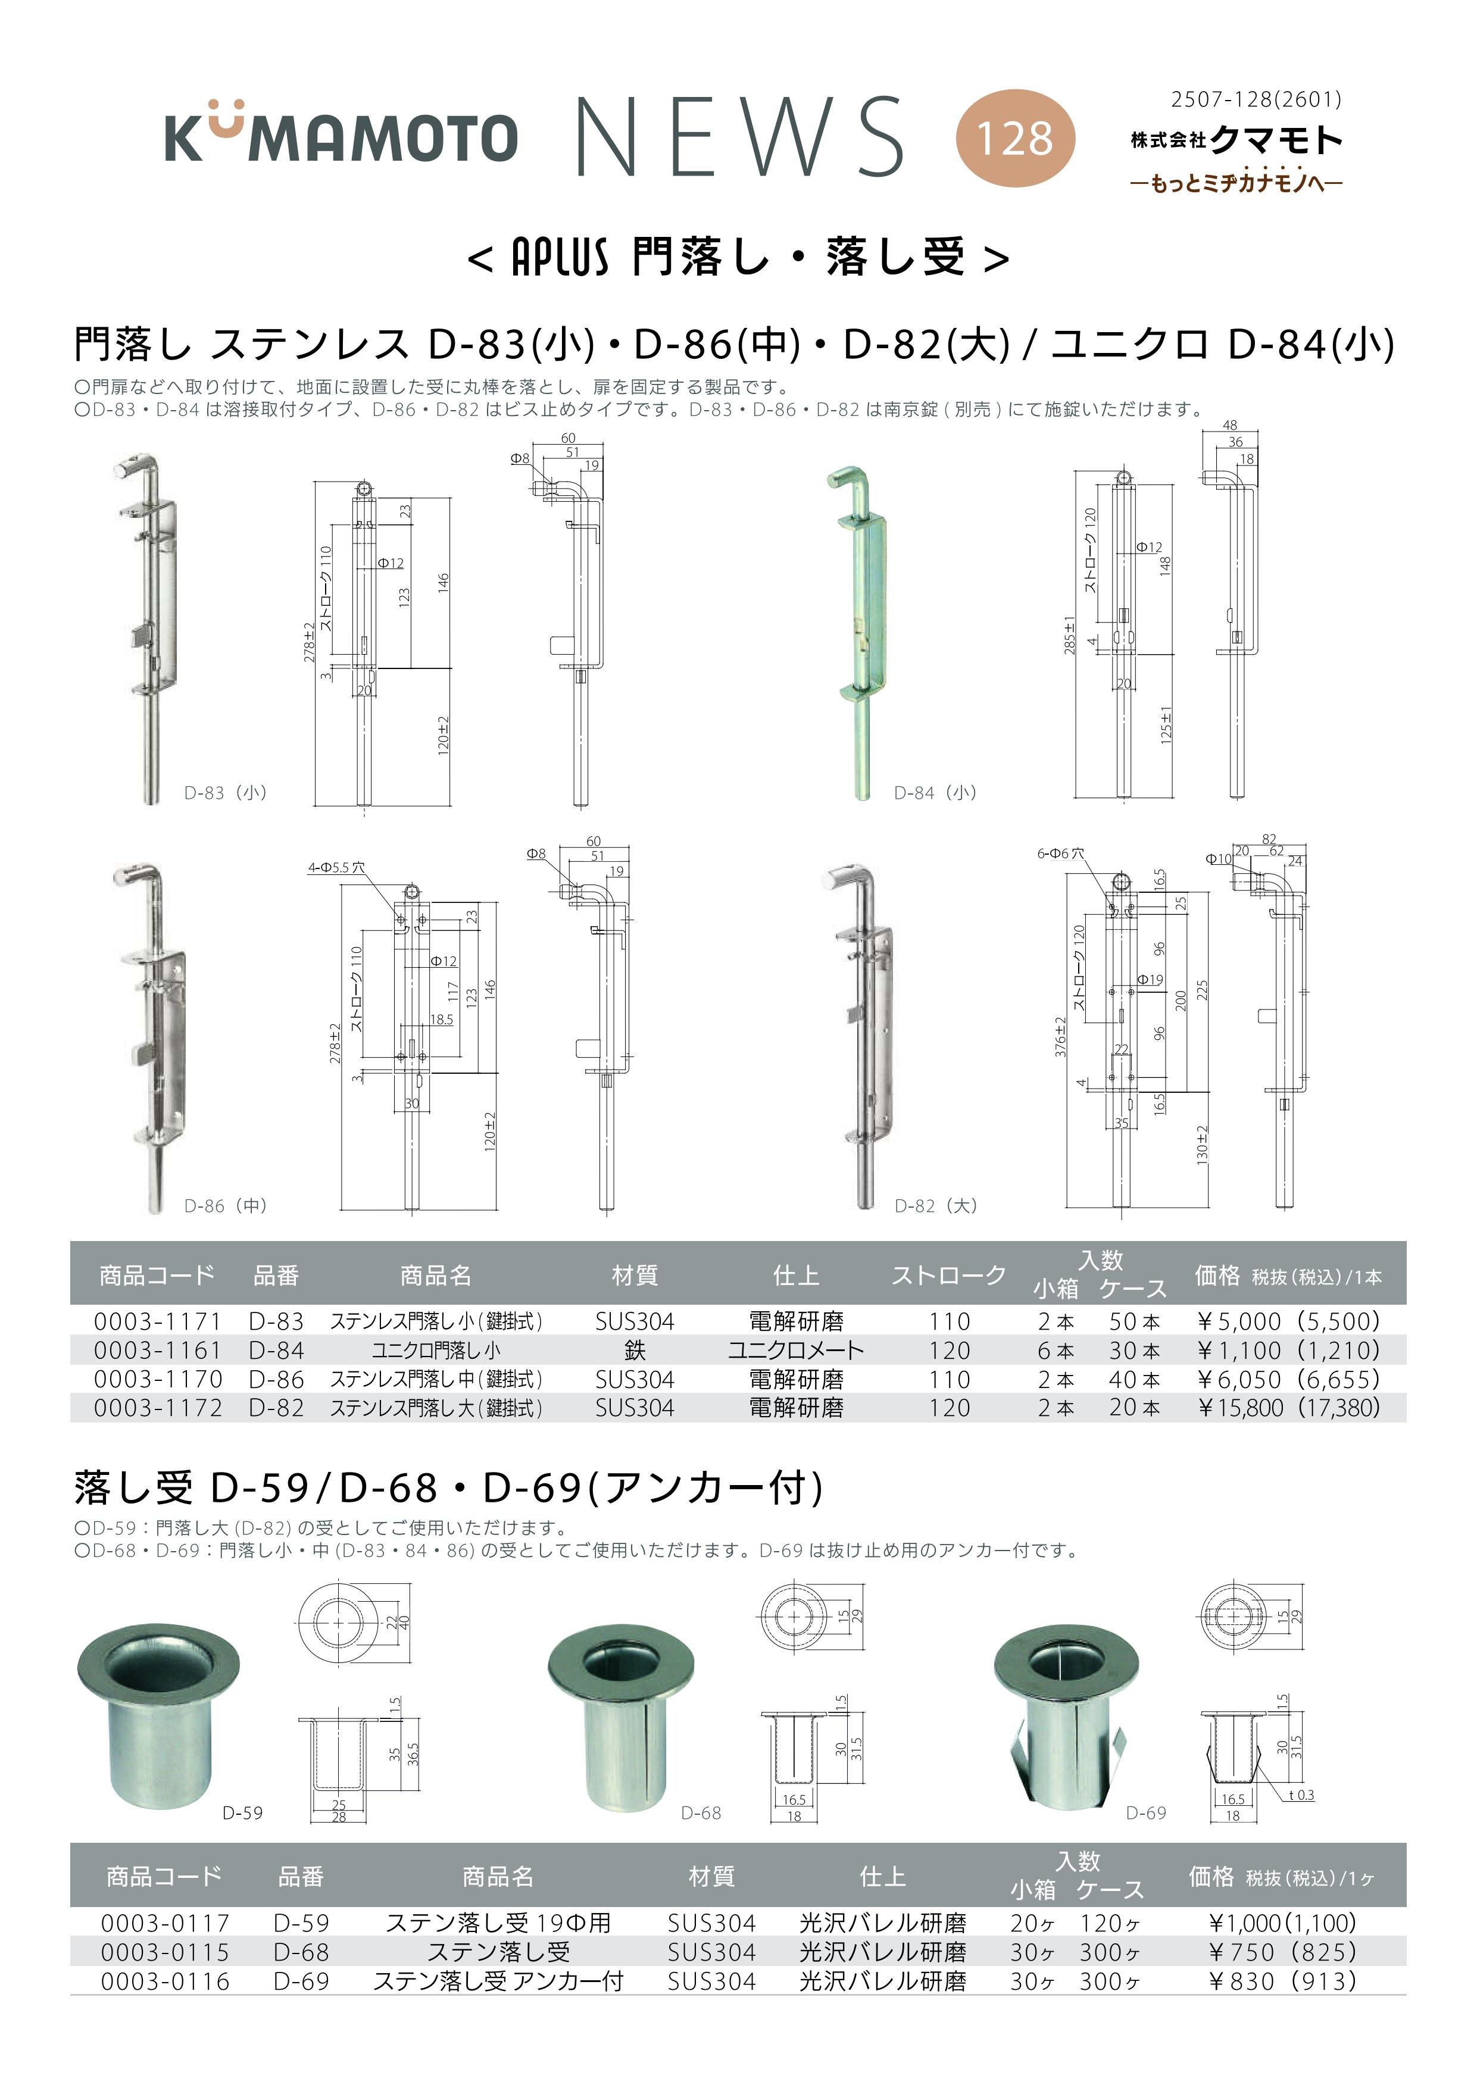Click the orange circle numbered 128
point(1015,138)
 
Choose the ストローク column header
point(948,1275)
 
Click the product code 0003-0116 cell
point(165,1981)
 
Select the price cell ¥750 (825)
point(1282,1952)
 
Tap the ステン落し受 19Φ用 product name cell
point(498,1923)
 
